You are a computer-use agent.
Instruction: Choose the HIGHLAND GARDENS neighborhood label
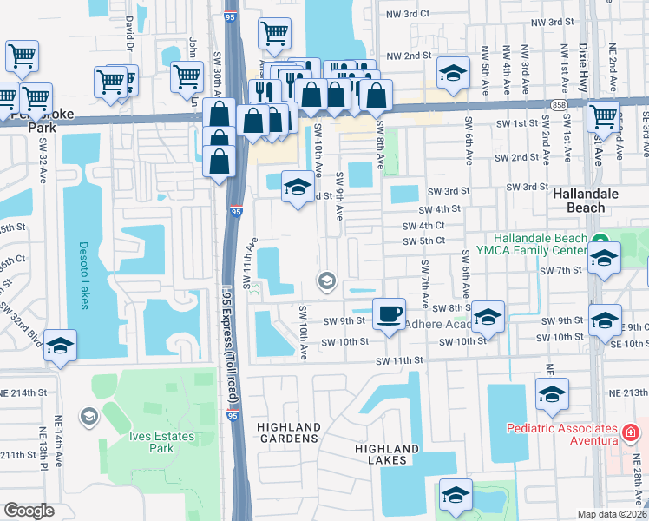pyautogui.click(x=289, y=433)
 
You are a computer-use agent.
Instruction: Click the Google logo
pyautogui.click(x=29, y=510)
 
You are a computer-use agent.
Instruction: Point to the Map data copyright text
pyautogui.click(x=613, y=514)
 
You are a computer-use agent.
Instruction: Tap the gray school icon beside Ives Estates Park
pyautogui.click(x=88, y=418)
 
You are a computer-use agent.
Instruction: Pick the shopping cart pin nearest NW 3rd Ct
pyautogui.click(x=274, y=33)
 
